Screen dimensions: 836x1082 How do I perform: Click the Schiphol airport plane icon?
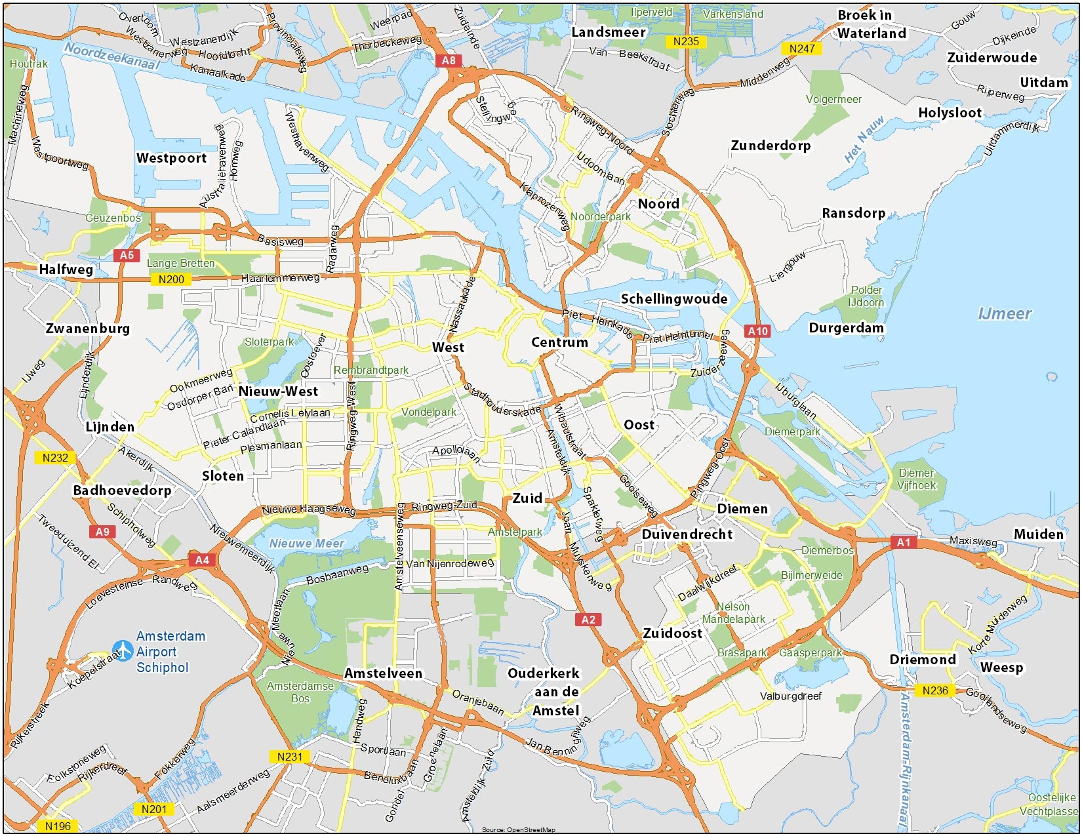pyautogui.click(x=123, y=650)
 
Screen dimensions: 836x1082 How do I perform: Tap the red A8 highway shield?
pyautogui.click(x=449, y=60)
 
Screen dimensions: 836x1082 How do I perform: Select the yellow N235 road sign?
pyautogui.click(x=686, y=41)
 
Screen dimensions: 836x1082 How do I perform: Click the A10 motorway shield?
pyautogui.click(x=758, y=331)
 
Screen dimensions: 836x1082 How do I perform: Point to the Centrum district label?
pyautogui.click(x=559, y=342)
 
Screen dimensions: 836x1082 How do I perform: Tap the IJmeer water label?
pyautogui.click(x=1005, y=314)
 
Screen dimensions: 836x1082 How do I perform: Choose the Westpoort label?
pyautogui.click(x=171, y=158)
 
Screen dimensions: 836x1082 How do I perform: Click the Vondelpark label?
pyautogui.click(x=429, y=412)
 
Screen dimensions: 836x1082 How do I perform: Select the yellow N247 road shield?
pyautogui.click(x=802, y=49)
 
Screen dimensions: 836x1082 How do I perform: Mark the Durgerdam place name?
pyautogui.click(x=846, y=328)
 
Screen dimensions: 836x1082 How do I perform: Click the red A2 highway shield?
pyautogui.click(x=588, y=620)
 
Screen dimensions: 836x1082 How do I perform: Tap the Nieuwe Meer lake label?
pyautogui.click(x=307, y=544)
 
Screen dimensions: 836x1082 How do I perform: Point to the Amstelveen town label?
pyautogui.click(x=384, y=673)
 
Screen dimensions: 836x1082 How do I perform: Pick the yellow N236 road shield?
pyautogui.click(x=935, y=690)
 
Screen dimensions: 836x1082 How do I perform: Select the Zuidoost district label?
pyautogui.click(x=672, y=633)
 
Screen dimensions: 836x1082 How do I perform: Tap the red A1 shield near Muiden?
pyautogui.click(x=904, y=542)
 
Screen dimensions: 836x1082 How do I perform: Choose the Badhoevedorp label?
pyautogui.click(x=122, y=490)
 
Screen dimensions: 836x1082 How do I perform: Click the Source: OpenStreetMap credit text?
pyautogui.click(x=518, y=830)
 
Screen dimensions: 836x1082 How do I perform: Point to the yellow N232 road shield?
pyautogui.click(x=55, y=458)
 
